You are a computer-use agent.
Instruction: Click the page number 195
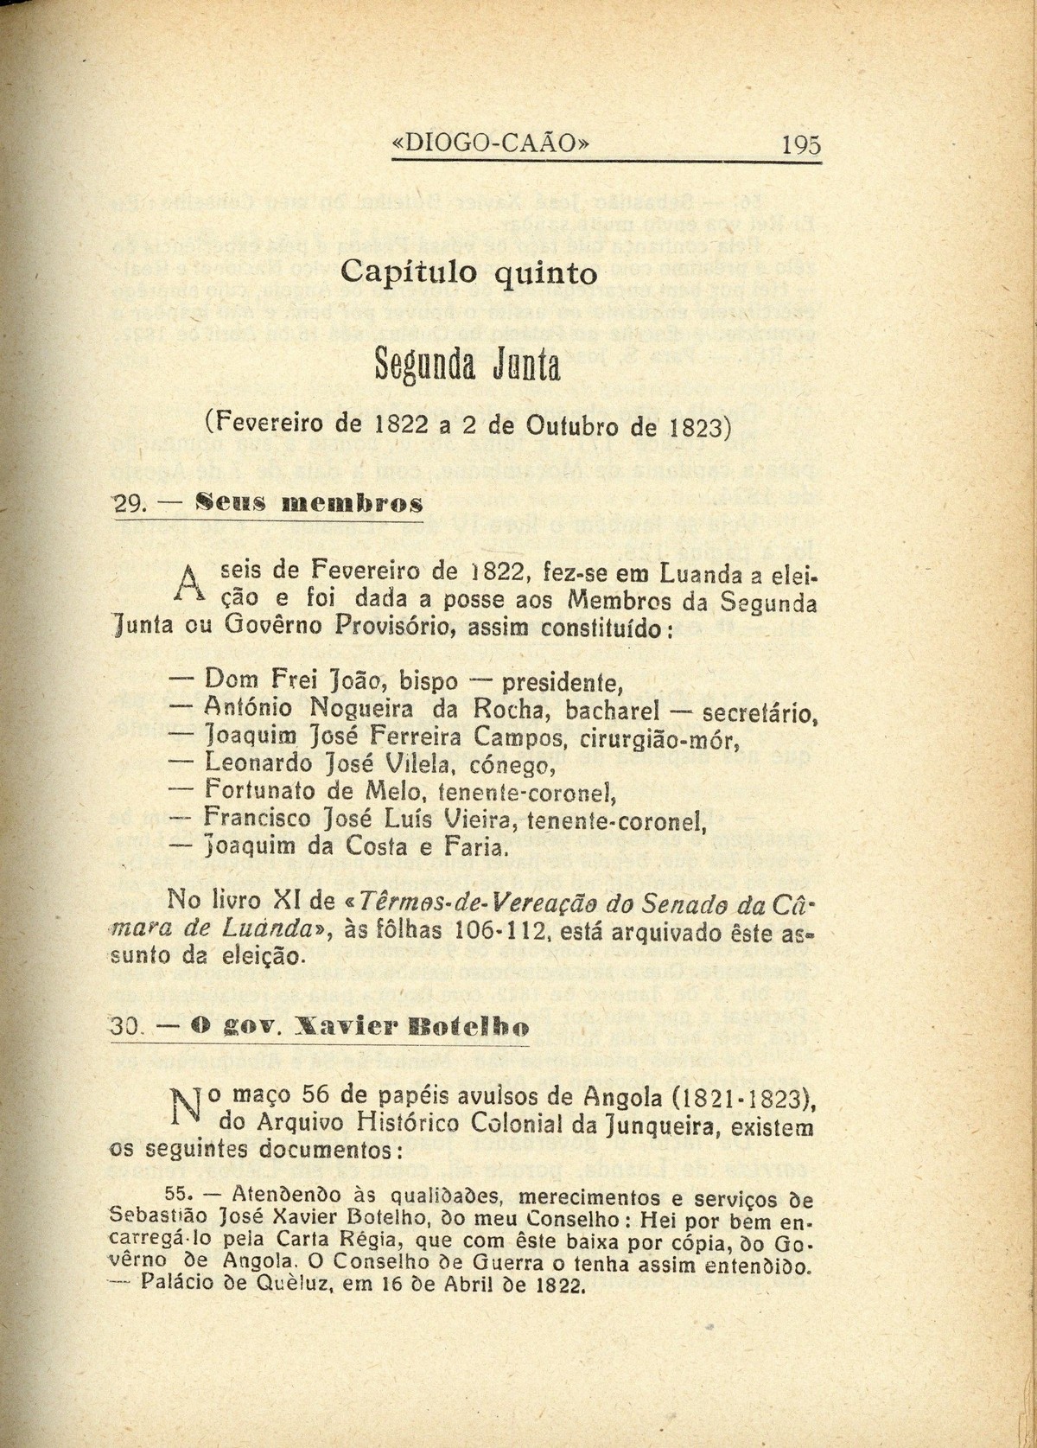pos(800,144)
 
